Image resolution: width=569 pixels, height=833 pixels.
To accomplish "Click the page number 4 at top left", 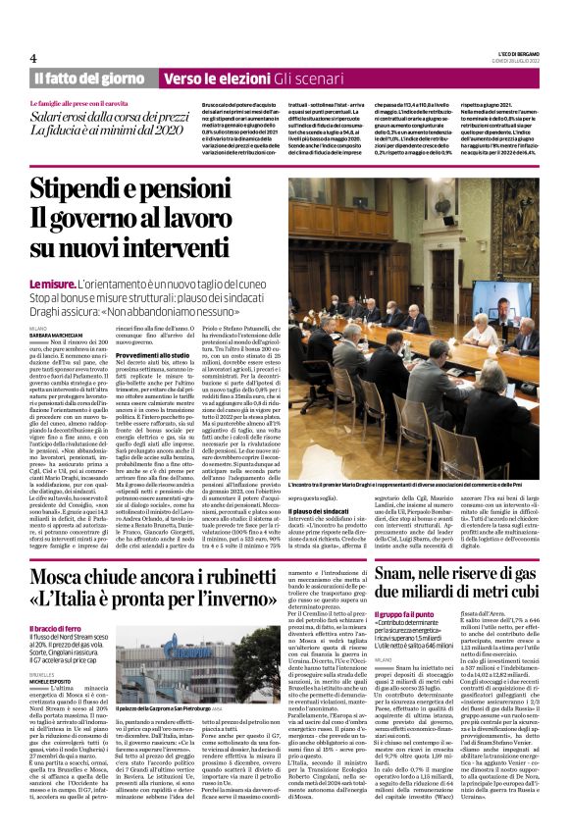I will [32, 58].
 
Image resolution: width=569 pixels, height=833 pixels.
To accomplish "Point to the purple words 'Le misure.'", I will [51, 284].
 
